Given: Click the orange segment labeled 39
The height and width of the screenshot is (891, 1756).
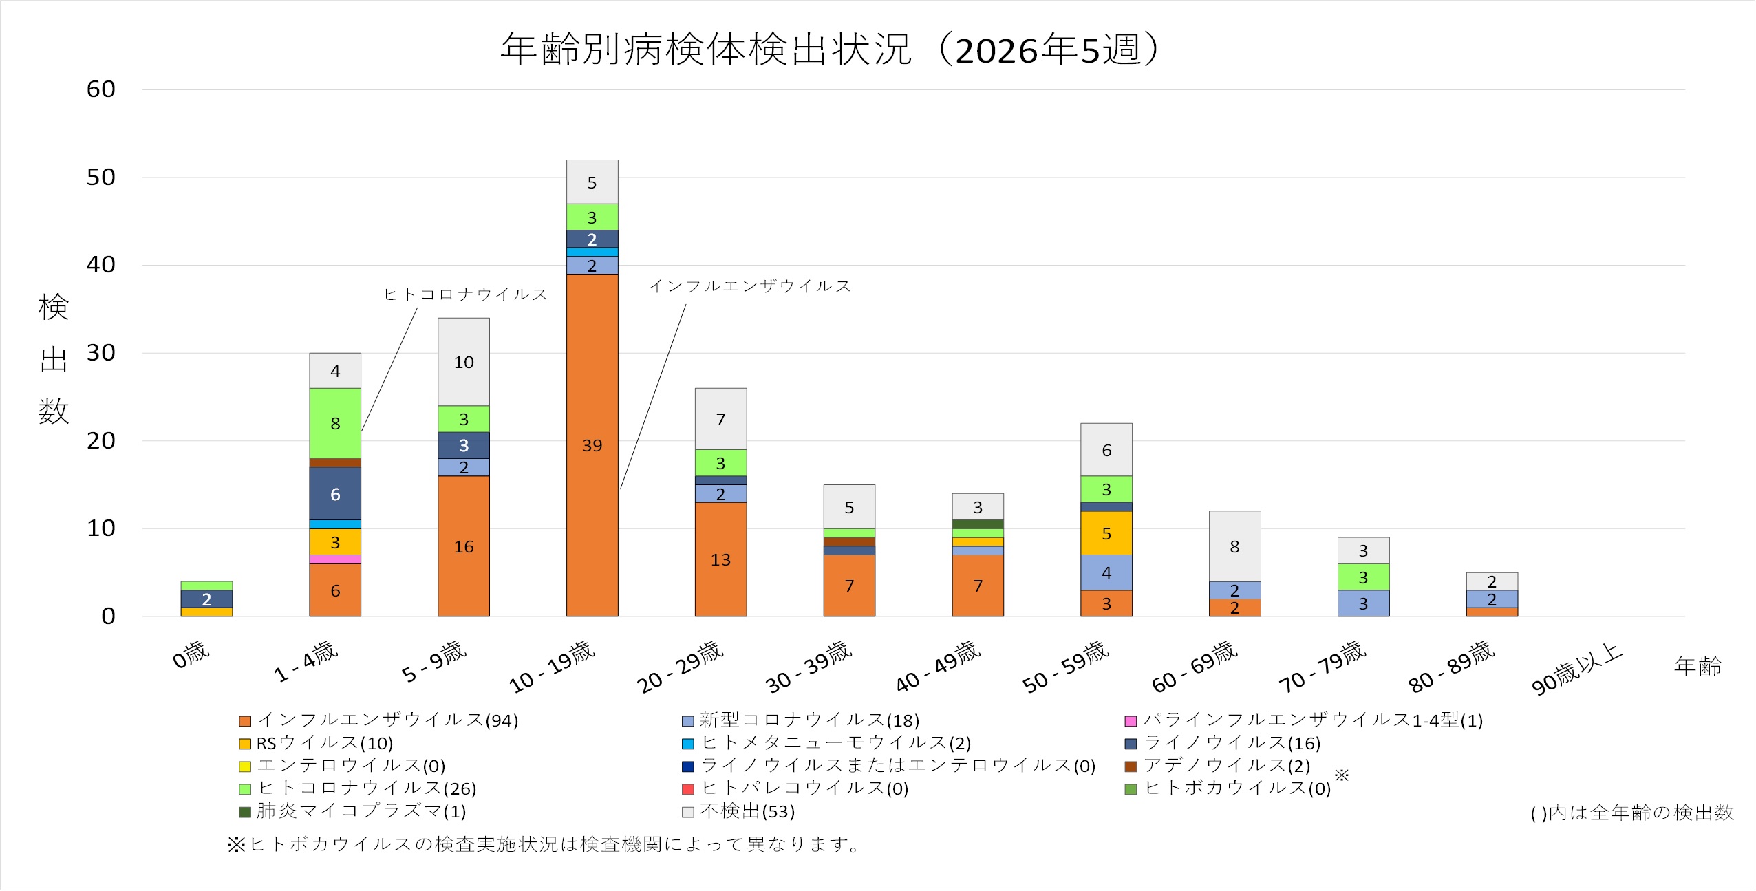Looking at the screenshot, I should point(592,445).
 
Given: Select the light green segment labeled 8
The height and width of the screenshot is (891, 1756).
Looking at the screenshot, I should point(335,423).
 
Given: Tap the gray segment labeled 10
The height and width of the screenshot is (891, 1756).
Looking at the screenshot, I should point(464,362).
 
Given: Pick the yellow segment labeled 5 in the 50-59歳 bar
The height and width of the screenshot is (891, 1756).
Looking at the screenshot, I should point(1106,533).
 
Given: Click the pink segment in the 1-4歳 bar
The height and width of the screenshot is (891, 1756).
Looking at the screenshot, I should point(335,559).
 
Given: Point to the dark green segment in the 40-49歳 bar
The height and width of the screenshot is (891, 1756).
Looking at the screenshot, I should point(977,524).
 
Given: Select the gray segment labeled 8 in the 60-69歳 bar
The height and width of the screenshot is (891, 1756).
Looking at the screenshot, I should point(1234,546).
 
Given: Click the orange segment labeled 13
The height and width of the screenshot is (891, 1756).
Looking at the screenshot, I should point(720,559).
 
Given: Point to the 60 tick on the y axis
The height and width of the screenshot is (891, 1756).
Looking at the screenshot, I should point(101,89).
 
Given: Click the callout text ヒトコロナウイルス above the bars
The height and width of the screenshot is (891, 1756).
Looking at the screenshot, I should point(466,294).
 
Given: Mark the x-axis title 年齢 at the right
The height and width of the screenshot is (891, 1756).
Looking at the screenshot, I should point(1698,666).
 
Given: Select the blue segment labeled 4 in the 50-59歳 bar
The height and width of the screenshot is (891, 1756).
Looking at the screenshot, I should point(1106,572).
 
